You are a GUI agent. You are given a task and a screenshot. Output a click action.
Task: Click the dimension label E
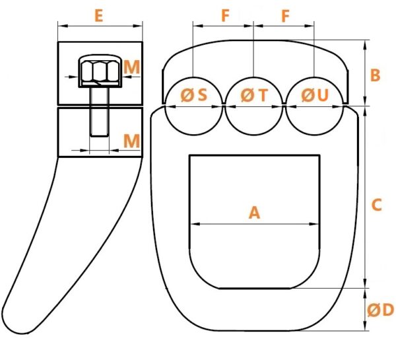point(99,16)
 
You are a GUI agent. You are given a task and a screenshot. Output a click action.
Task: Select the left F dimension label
point(225,16)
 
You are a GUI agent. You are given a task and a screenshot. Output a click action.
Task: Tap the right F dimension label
point(285,16)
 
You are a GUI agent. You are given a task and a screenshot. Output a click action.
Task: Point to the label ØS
point(194,95)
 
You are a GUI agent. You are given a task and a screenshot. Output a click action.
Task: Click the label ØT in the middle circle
point(254,95)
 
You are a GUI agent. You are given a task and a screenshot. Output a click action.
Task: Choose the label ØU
point(315,95)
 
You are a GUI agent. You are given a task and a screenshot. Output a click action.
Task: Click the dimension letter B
point(375,75)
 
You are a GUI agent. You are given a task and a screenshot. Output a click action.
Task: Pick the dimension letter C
point(376,205)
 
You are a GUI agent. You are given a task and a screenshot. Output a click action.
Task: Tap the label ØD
point(380,310)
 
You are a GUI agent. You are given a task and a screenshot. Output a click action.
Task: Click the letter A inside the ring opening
point(254,212)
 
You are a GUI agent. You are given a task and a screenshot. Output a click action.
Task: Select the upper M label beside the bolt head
point(132,67)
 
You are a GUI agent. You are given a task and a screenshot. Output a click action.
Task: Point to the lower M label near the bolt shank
point(131,141)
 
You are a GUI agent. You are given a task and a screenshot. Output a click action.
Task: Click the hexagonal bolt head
point(100,71)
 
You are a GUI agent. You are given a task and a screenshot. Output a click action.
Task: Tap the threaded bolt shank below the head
point(100,112)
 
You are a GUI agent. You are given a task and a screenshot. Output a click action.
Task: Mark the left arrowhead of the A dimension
point(195,224)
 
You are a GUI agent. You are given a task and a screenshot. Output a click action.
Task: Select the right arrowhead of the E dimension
point(138,26)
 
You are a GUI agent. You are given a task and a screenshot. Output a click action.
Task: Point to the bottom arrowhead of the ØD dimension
point(365,326)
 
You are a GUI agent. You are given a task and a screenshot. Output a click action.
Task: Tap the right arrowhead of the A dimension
point(315,224)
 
